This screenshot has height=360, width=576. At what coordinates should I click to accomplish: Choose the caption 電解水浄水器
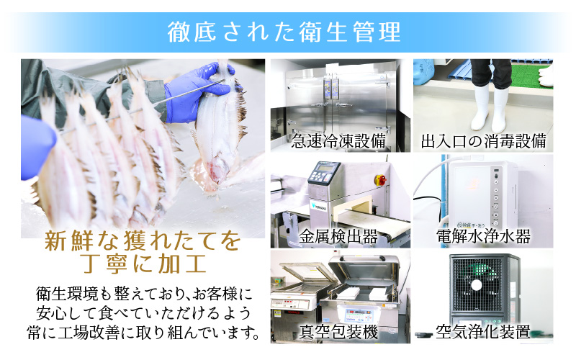[483, 235]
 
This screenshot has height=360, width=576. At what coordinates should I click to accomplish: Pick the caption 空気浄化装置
[483, 332]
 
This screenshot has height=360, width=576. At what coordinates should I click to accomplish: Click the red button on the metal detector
[382, 179]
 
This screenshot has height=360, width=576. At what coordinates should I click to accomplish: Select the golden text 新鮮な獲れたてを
[143, 240]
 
